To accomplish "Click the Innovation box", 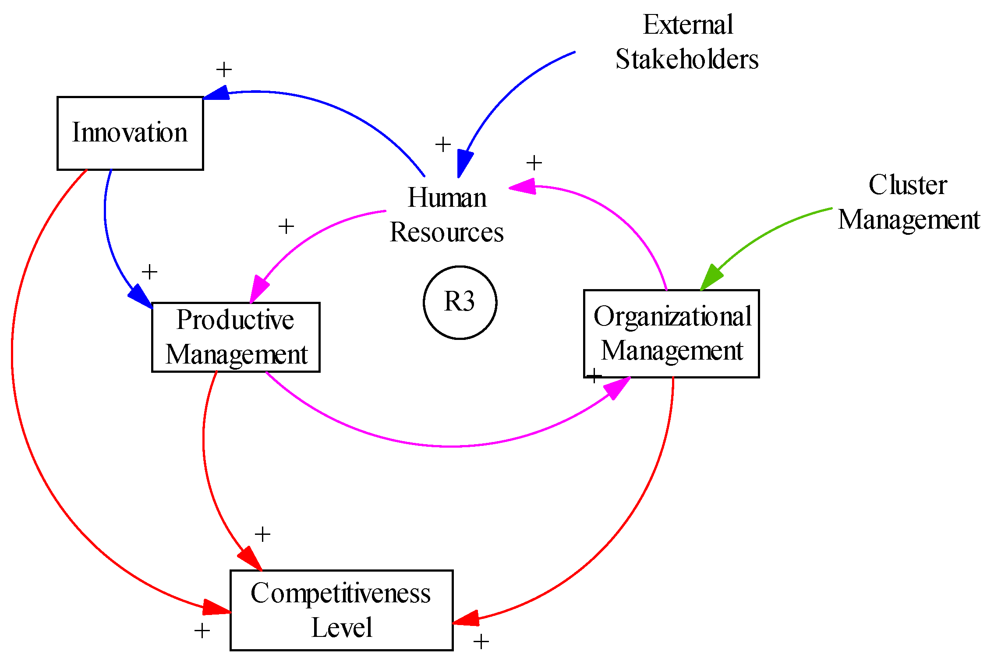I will point(130,133).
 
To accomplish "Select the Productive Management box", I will point(236,337).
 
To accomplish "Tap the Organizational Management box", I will point(672,333).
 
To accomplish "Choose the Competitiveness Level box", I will point(341,610).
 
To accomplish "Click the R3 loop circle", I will point(460,302).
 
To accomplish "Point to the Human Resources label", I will point(447,215).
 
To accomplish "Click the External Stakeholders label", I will point(687,42).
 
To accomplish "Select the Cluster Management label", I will point(909,202).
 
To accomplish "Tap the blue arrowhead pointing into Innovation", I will point(217,93).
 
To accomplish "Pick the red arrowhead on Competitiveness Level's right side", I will point(466,619).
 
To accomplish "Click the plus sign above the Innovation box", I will point(224,70).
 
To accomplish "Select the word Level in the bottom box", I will point(342,628).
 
